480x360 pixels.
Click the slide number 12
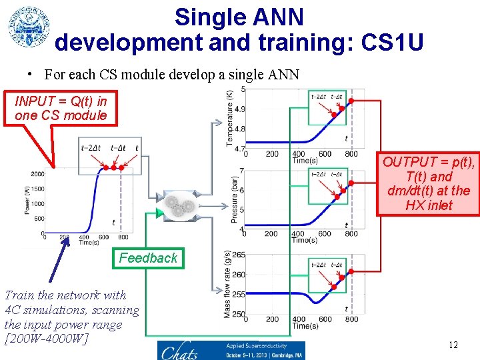[x=453, y=345]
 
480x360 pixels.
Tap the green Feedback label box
[x=148, y=258]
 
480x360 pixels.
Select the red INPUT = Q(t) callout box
[x=61, y=108]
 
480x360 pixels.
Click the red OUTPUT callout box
[x=428, y=183]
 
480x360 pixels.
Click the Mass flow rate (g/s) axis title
[x=229, y=284]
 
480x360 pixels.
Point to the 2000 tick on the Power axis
[x=37, y=174]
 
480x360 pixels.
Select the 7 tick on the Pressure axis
[x=241, y=171]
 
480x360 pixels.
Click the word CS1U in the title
[x=391, y=43]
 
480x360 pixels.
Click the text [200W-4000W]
[x=46, y=339]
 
